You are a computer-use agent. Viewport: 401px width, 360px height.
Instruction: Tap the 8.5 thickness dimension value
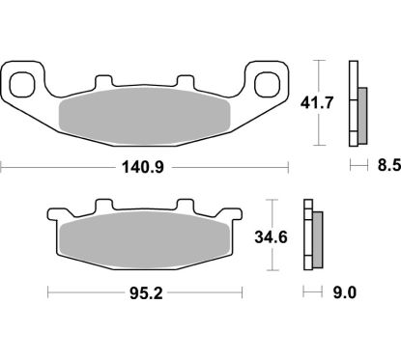[x=384, y=165]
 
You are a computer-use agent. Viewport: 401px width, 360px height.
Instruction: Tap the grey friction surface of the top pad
[x=145, y=115]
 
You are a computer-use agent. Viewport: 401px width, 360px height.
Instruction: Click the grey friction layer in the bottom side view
[x=317, y=240]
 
